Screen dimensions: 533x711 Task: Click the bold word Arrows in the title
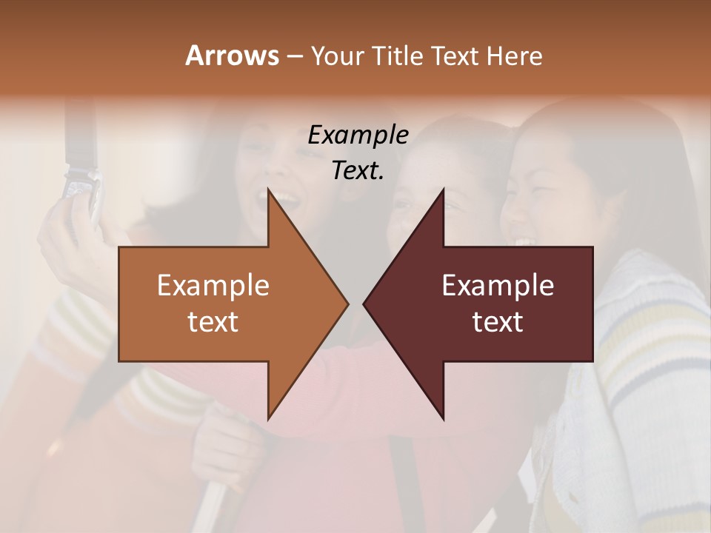(232, 56)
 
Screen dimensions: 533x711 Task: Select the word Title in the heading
(397, 56)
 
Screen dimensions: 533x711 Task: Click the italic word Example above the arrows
(358, 135)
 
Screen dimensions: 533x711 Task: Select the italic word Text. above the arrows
(358, 170)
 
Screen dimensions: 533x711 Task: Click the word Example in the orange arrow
(213, 286)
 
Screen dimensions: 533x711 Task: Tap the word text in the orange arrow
(213, 321)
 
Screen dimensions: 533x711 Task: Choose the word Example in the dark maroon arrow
(498, 286)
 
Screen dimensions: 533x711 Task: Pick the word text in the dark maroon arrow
(498, 321)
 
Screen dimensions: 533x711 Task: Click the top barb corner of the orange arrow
(270, 191)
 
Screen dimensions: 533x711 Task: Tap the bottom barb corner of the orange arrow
(270, 418)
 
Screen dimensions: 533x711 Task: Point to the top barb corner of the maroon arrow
(443, 191)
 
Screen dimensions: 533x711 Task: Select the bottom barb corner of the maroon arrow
(443, 418)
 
